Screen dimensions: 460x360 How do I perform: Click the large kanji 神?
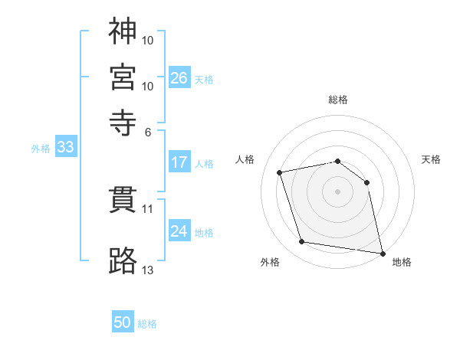click(x=123, y=31)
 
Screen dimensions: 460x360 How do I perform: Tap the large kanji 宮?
click(x=123, y=77)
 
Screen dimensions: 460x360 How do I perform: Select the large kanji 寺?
click(x=123, y=123)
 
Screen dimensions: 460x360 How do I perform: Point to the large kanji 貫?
click(x=123, y=200)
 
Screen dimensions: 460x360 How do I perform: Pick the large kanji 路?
click(x=123, y=260)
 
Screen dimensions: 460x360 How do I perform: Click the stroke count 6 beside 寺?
click(x=148, y=133)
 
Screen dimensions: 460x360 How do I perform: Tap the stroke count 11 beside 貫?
click(x=147, y=209)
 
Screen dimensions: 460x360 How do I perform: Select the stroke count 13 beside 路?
click(x=147, y=270)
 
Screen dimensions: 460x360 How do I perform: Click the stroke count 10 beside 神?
click(x=147, y=41)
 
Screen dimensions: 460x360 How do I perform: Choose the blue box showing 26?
click(x=179, y=77)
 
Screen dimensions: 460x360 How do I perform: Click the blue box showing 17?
click(x=179, y=162)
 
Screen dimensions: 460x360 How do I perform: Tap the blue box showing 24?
click(x=179, y=230)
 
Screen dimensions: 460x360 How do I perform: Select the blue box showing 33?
click(x=66, y=146)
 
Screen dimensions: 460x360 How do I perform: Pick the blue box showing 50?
click(x=123, y=321)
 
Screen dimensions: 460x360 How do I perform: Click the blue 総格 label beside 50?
click(x=147, y=324)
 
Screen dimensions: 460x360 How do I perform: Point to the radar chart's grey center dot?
click(x=337, y=191)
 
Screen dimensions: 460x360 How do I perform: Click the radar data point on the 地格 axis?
click(x=383, y=254)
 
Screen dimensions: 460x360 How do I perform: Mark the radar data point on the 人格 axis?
click(x=279, y=172)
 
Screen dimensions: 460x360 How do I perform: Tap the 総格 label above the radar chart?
click(x=338, y=100)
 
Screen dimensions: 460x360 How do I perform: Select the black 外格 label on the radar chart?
click(x=270, y=262)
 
